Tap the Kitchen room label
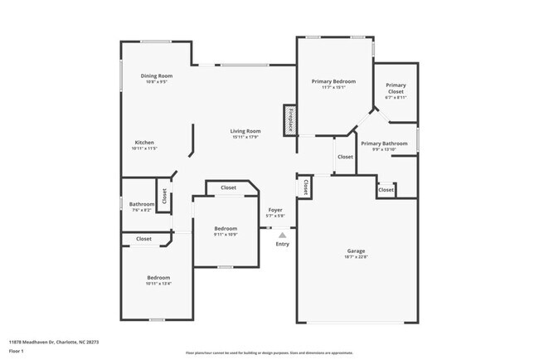144,142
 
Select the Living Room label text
245,131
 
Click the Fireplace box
289,119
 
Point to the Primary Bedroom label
333,81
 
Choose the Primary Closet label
396,88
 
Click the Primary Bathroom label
384,144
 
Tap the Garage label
356,251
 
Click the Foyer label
275,210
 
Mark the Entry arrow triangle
282,235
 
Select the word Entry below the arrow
283,244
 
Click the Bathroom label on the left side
141,204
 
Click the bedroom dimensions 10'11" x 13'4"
158,285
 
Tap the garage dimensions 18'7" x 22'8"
356,257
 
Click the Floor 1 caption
17,351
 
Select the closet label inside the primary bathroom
386,190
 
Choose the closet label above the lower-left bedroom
143,239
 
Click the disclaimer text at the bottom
269,352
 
